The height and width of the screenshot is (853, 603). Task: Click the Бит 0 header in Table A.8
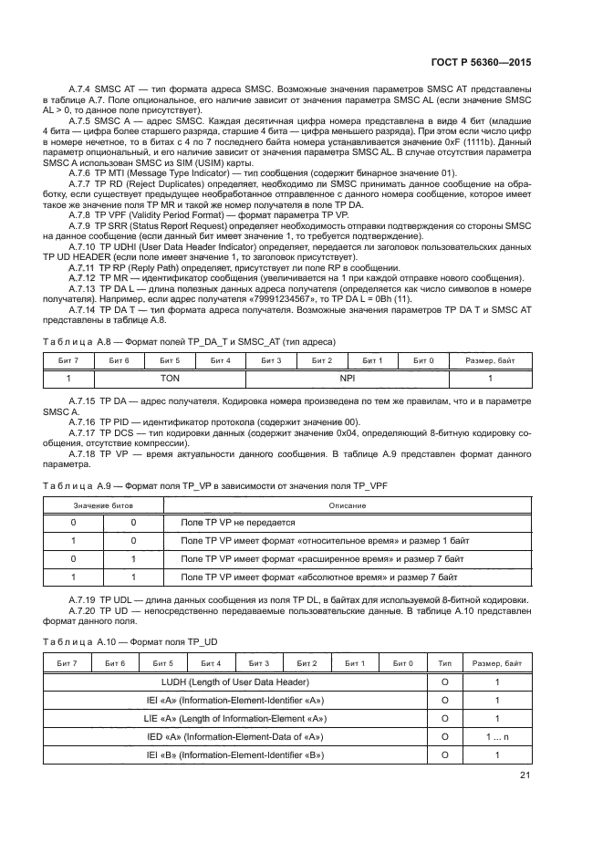click(423, 360)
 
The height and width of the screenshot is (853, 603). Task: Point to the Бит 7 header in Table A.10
click(68, 663)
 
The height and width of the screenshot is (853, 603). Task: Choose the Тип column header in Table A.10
click(444, 663)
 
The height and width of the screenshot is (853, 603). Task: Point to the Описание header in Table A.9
click(347, 505)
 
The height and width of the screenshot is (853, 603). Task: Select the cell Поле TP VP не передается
click(238, 523)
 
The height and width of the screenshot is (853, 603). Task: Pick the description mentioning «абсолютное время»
click(318, 577)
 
